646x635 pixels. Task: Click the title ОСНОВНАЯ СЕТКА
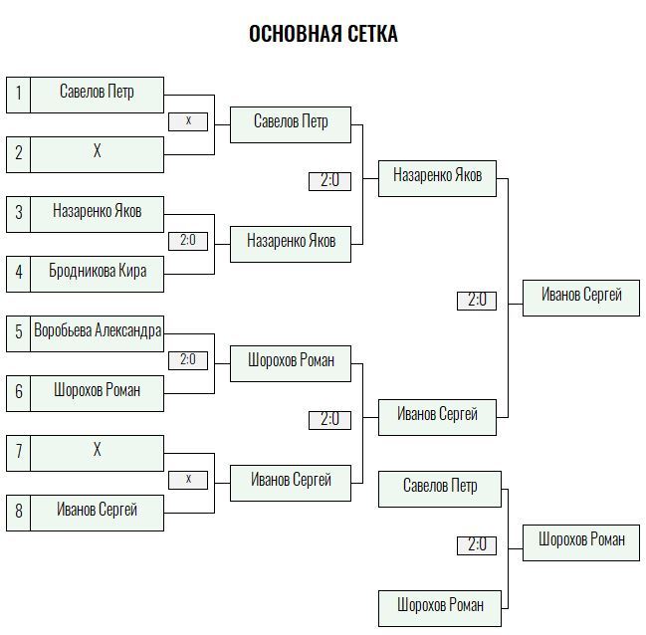(323, 34)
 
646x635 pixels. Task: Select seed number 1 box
(19, 95)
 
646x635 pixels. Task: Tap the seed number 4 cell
(19, 274)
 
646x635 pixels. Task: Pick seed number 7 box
(19, 453)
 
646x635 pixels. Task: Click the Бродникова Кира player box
(98, 274)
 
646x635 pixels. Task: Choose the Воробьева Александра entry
(98, 333)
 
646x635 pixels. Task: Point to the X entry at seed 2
(98, 154)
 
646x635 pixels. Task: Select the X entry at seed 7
(98, 453)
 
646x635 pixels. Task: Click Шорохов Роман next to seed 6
(98, 393)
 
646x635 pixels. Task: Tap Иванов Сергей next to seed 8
(98, 513)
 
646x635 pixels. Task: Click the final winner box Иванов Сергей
(581, 298)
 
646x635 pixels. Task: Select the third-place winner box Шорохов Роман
(581, 542)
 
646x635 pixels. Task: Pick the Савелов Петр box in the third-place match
(440, 489)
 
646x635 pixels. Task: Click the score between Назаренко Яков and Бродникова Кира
(188, 241)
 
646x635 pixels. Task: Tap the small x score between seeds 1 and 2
(188, 121)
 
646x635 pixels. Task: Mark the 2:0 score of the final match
(477, 301)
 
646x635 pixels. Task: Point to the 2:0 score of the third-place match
(477, 545)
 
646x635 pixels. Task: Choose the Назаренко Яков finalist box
(438, 178)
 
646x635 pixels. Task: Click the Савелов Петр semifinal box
(291, 124)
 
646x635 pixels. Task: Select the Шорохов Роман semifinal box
(291, 364)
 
